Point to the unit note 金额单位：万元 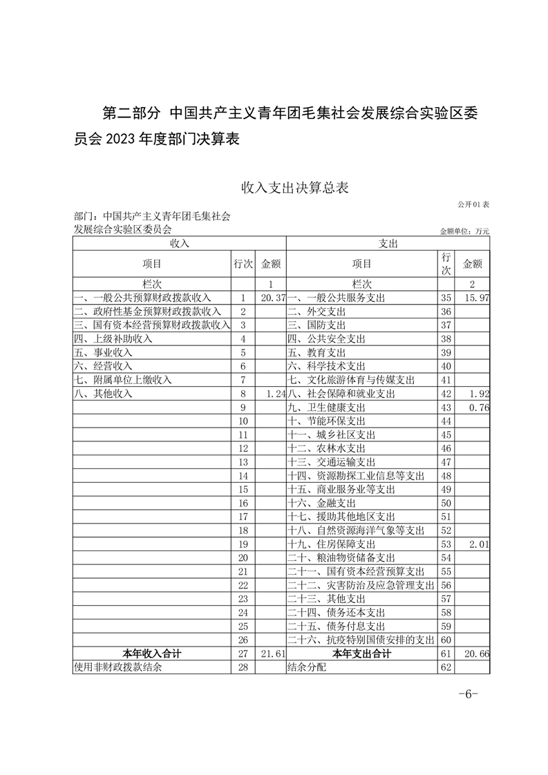point(464,231)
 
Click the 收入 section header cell point(179,243)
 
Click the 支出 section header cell point(387,243)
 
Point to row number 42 point(445,394)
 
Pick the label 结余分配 point(304,667)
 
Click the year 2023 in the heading point(122,139)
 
